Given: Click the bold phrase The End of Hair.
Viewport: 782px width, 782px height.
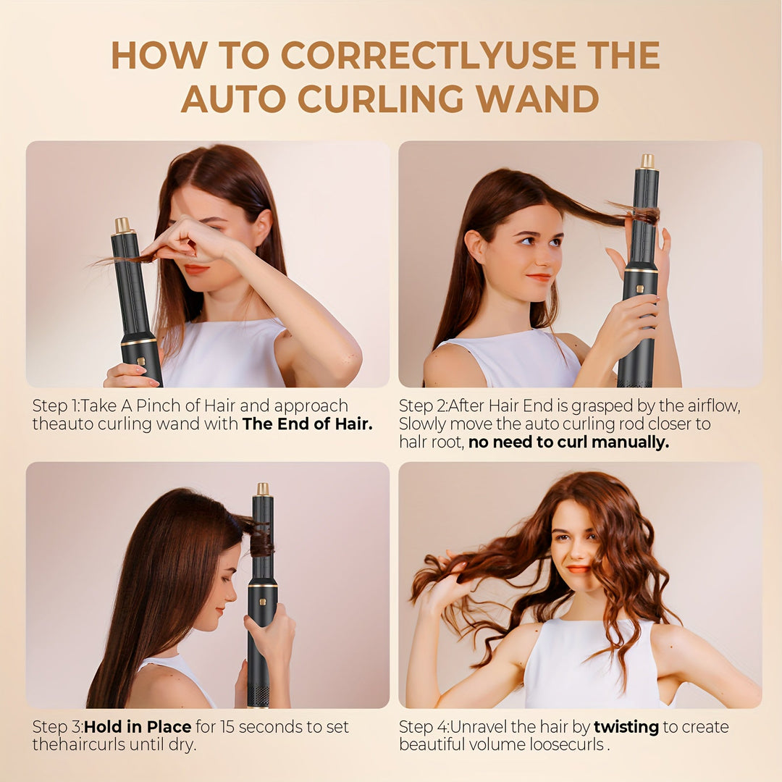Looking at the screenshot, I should [307, 424].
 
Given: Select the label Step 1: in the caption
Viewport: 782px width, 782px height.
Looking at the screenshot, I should [56, 406].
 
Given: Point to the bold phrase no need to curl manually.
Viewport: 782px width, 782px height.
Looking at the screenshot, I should [568, 442].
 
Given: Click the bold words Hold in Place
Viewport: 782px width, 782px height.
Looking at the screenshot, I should [138, 727].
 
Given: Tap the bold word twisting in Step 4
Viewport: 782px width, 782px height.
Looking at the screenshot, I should [626, 727].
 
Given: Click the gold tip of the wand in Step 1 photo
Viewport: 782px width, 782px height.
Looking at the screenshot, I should [122, 225].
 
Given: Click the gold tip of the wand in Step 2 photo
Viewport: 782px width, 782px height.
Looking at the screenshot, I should [647, 161].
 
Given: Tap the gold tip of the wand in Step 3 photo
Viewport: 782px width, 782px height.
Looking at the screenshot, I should [263, 489].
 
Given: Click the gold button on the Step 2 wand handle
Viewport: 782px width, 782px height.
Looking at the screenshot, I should [639, 289].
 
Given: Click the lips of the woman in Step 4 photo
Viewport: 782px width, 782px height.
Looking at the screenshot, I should [578, 569].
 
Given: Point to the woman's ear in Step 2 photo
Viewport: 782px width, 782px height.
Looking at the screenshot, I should [475, 246].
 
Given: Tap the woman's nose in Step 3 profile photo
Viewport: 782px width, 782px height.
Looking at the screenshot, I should [233, 580].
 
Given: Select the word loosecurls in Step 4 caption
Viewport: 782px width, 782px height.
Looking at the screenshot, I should [568, 745].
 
